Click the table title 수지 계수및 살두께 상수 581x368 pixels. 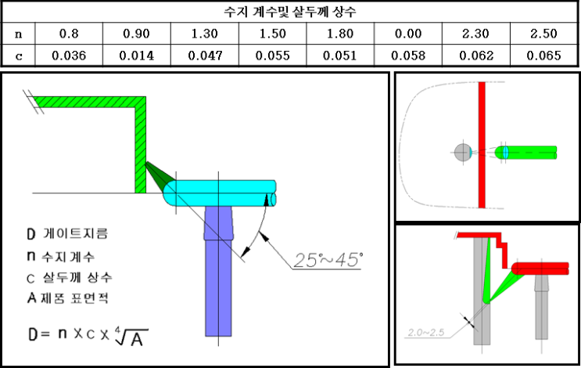coord(290,12)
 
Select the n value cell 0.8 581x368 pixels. coord(69,34)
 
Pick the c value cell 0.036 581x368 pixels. coord(69,56)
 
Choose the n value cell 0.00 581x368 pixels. coord(407,34)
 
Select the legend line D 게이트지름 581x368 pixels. coord(66,233)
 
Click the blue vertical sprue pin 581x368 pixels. coord(218,282)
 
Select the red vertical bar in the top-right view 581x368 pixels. coord(482,145)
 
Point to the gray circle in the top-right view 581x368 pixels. coord(463,152)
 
